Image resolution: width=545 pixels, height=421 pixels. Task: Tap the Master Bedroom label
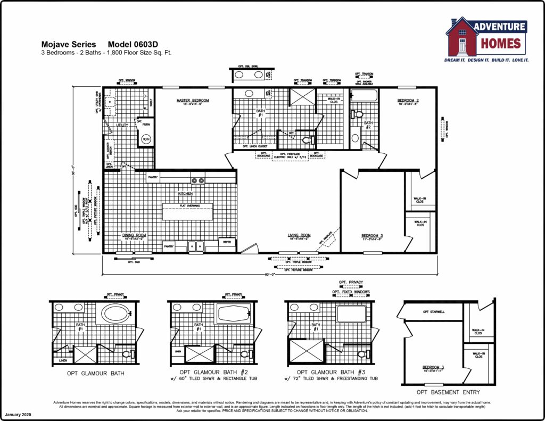[193, 100]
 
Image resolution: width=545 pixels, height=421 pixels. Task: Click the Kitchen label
[185, 194]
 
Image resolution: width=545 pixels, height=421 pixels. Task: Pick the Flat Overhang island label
[187, 205]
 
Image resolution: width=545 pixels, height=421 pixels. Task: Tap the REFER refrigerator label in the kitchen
[226, 242]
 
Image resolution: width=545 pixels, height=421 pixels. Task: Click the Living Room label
[299, 235]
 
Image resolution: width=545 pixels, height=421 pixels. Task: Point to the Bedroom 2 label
[407, 100]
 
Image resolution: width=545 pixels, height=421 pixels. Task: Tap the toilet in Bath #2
[358, 114]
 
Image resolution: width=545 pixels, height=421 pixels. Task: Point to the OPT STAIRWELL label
[433, 312]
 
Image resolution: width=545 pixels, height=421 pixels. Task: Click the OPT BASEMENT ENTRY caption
[448, 392]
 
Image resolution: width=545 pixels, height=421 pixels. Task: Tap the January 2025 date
[19, 414]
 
